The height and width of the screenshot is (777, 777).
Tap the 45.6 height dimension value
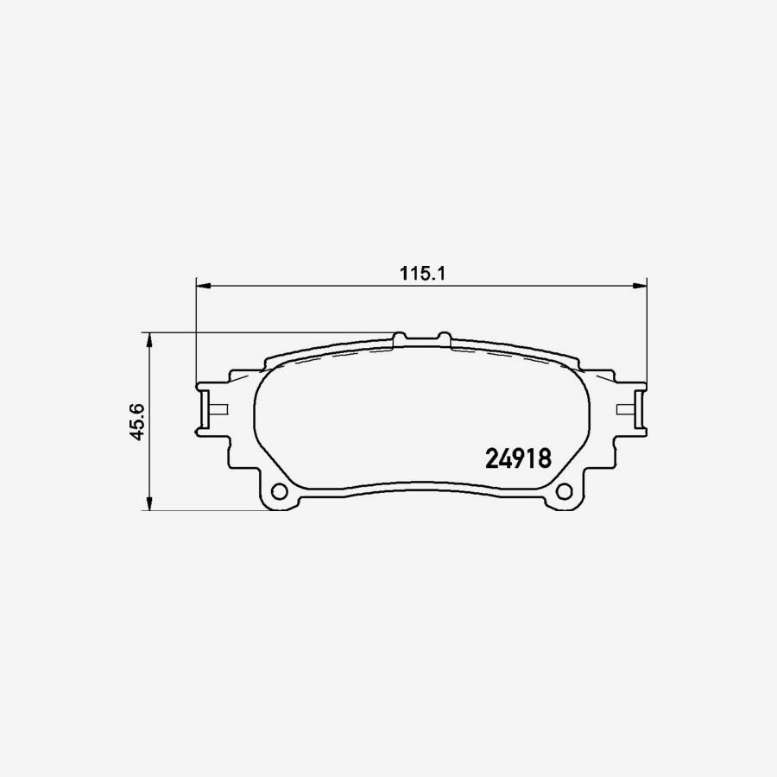pos(136,422)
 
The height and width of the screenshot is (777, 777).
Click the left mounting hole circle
pos(279,492)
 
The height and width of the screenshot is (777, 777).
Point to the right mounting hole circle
pos(565,492)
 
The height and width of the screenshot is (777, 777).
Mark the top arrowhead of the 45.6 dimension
pos(151,338)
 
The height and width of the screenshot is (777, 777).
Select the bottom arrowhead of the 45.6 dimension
pos(151,504)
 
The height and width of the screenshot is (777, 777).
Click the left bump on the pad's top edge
pos(400,334)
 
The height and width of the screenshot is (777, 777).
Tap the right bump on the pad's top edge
pos(445,334)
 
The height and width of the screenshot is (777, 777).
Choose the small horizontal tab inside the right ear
pos(627,407)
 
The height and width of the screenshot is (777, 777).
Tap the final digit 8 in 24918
pos(544,458)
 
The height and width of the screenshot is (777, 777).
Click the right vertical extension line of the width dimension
pos(647,328)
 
